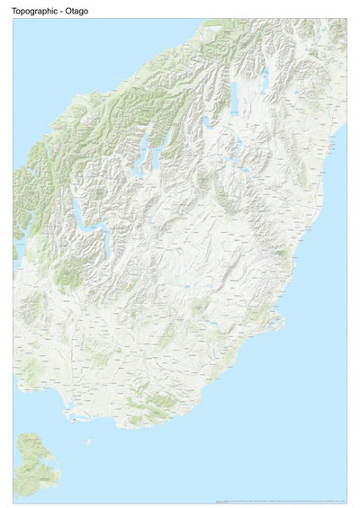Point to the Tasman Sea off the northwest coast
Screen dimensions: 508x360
point(54,72)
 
